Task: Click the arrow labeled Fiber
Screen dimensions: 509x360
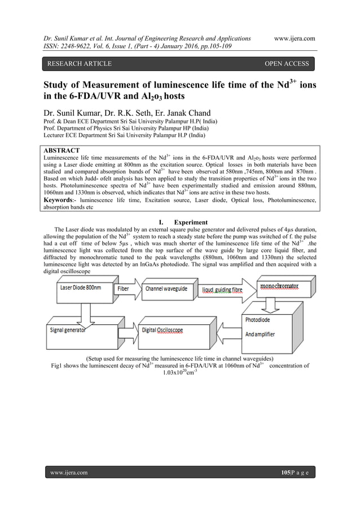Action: point(126,289)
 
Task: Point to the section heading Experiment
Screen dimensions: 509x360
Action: point(191,222)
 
